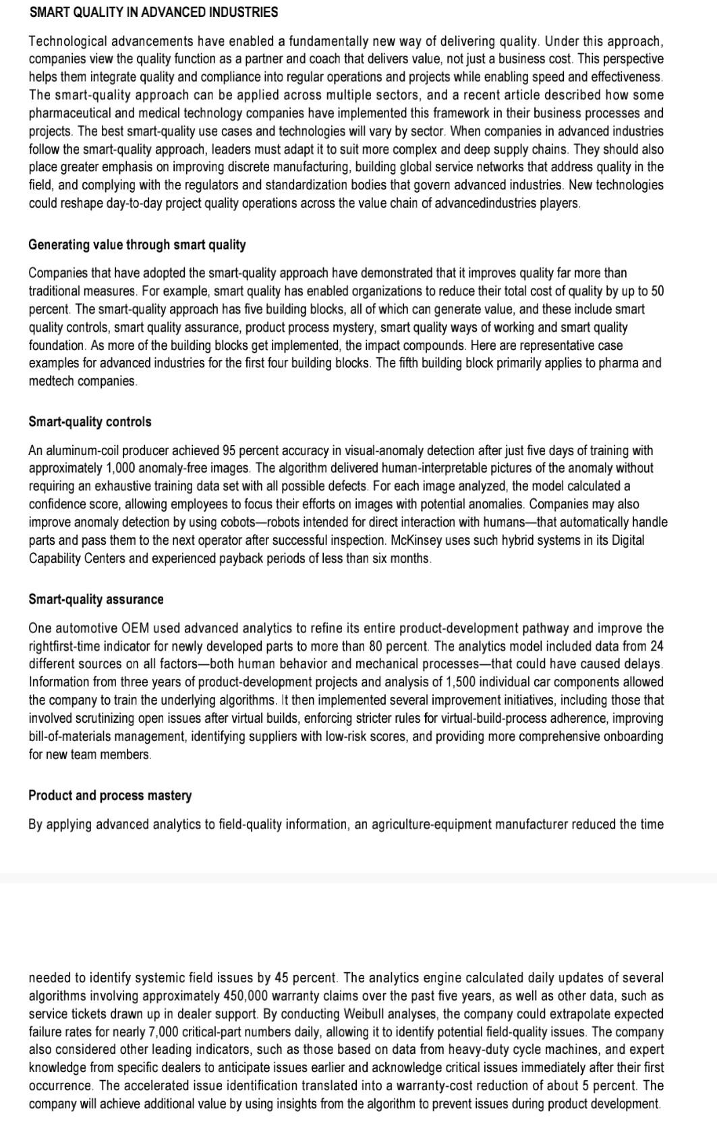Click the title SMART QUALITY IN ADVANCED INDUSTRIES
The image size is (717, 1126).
pos(153,12)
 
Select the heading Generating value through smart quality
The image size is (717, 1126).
pos(137,245)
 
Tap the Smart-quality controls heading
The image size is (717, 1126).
pos(90,422)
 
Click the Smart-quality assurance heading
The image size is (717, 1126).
pos(96,599)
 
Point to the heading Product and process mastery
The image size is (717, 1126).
pos(110,796)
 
